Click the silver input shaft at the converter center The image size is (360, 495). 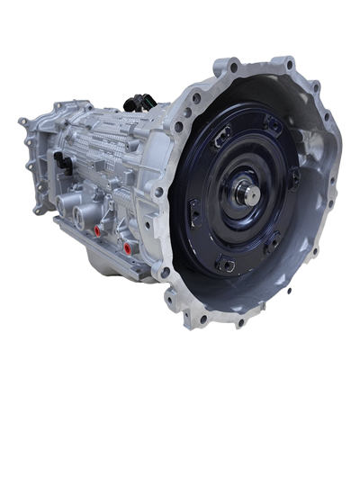(x=249, y=193)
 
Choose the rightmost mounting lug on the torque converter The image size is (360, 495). (x=294, y=176)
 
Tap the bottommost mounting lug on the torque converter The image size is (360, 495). (x=226, y=265)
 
